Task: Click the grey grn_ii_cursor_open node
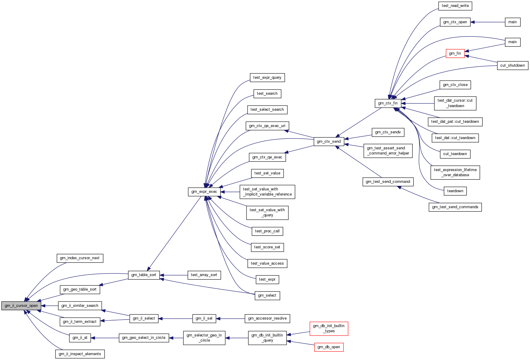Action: coord(21,306)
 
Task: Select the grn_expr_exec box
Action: coord(204,192)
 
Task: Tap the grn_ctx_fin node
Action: coord(388,103)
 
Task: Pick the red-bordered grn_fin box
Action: coord(455,53)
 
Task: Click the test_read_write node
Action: coord(455,6)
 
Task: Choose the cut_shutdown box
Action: coord(513,65)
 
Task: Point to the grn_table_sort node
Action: coord(144,275)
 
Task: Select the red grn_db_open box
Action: coord(329,347)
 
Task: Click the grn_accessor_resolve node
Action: coord(267,318)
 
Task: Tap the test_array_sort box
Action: coord(204,275)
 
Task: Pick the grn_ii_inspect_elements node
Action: coord(80,354)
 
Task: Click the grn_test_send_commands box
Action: coord(455,207)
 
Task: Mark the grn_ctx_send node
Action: coord(329,142)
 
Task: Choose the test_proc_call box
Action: coord(267,231)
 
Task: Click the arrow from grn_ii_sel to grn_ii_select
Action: coord(175,318)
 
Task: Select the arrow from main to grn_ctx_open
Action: coord(488,22)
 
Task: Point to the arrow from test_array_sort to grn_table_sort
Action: coord(173,275)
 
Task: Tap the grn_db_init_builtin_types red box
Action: coord(329,329)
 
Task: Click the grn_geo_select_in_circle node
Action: coord(144,338)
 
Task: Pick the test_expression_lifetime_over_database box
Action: coord(455,172)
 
